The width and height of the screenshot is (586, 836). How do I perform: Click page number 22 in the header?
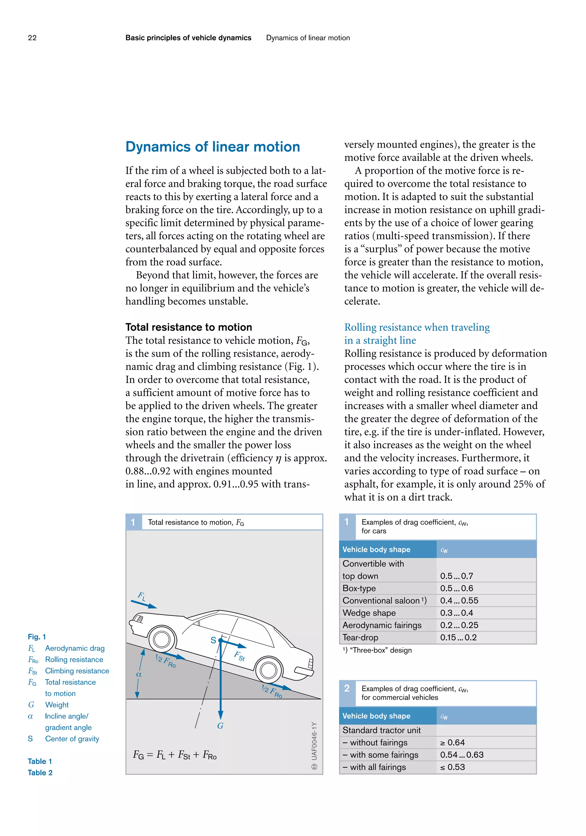click(x=32, y=38)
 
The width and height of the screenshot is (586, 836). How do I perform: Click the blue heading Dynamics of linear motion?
click(x=213, y=147)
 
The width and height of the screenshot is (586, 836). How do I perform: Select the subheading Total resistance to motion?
click(x=188, y=327)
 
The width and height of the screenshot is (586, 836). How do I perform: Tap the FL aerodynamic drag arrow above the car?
click(x=144, y=604)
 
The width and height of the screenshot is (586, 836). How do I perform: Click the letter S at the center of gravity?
click(x=213, y=640)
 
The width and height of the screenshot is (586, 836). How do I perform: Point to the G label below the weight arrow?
click(x=220, y=726)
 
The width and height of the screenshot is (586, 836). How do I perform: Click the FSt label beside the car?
click(x=239, y=656)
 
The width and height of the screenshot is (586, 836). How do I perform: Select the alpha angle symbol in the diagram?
click(x=138, y=674)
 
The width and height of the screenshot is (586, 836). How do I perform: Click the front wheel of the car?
click(x=161, y=640)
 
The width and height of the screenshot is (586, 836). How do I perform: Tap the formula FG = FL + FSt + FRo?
click(x=175, y=755)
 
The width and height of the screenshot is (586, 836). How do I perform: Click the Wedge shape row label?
click(x=369, y=613)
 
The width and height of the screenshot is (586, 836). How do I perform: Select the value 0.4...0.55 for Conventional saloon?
click(x=459, y=600)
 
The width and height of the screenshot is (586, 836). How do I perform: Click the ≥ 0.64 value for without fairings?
click(x=452, y=743)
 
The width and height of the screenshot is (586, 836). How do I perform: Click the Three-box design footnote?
click(x=377, y=650)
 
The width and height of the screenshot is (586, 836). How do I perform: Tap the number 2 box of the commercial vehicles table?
click(x=347, y=688)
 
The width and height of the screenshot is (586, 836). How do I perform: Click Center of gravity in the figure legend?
click(x=72, y=739)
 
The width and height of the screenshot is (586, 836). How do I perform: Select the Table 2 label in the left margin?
click(x=40, y=773)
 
